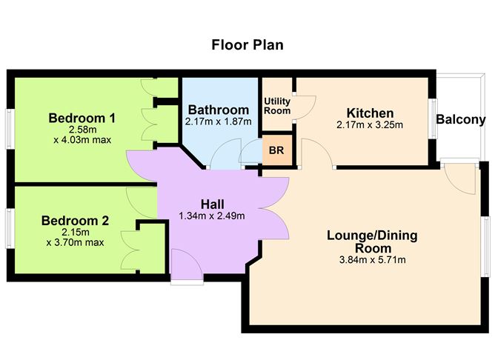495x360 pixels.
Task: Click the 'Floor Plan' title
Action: click(247, 45)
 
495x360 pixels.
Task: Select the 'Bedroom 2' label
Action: click(75, 220)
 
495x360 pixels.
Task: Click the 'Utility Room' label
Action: click(278, 107)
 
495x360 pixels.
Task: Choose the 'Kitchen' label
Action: click(370, 113)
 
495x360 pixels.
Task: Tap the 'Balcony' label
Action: click(460, 119)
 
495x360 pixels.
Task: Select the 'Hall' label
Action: click(213, 204)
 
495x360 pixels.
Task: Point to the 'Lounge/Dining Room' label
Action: click(372, 241)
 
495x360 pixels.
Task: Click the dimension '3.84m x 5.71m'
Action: click(372, 259)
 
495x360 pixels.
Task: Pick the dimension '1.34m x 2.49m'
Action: click(212, 216)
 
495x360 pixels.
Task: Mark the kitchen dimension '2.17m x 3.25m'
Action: click(370, 124)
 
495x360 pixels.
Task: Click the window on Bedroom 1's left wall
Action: click(8, 127)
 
